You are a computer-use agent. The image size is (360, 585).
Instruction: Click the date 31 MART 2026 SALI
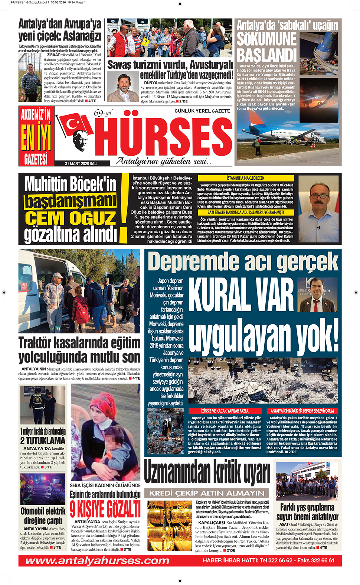[x=81, y=163]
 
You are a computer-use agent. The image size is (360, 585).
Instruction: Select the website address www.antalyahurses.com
[x=97, y=560]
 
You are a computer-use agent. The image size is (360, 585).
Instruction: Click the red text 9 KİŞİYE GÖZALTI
[x=105, y=509]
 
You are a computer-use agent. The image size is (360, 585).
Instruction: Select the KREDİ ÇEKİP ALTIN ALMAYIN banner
[x=207, y=493]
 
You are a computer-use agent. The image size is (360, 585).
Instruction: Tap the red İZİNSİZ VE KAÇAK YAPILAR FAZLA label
[x=225, y=411]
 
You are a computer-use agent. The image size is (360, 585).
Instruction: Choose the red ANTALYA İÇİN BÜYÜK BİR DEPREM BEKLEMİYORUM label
[x=302, y=411]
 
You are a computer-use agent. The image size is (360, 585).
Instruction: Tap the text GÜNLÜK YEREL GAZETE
[x=202, y=111]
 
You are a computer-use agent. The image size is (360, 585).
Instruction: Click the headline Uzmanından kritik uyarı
[x=207, y=473]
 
